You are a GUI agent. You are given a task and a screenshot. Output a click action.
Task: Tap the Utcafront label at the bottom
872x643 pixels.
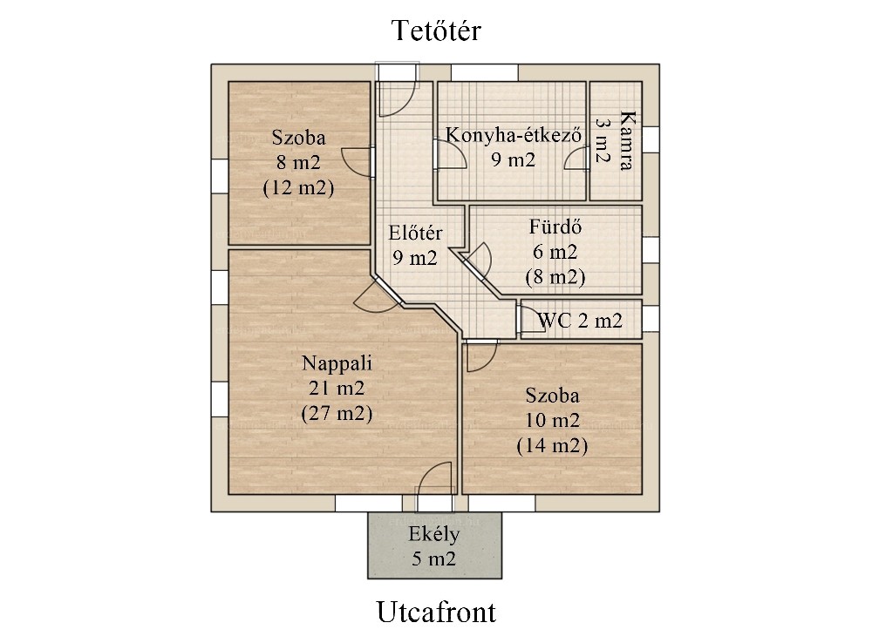(436, 612)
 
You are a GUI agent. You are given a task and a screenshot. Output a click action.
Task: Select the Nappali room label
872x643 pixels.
(337, 363)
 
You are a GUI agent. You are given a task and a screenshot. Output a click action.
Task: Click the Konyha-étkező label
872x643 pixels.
(514, 135)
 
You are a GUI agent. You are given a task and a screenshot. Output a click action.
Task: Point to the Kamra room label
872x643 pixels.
(627, 140)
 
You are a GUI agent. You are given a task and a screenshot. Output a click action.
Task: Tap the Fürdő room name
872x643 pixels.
(555, 227)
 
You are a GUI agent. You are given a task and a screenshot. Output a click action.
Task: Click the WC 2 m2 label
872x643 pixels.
(580, 321)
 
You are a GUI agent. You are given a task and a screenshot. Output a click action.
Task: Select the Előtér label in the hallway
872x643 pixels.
(415, 233)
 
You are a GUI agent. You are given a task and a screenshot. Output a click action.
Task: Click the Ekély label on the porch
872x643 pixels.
(433, 534)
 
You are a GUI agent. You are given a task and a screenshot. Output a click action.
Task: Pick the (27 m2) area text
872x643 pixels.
(337, 414)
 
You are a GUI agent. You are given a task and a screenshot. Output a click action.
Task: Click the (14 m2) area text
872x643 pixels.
(552, 446)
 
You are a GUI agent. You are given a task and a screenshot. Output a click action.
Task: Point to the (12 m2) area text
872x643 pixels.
(298, 187)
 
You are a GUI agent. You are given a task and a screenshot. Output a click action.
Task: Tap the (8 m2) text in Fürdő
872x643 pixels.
(555, 277)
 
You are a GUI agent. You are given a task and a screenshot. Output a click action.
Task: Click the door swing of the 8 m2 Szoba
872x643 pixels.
(357, 162)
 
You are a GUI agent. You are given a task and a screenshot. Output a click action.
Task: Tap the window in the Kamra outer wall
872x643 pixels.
(651, 139)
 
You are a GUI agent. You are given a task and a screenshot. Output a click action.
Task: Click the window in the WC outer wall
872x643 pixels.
(651, 318)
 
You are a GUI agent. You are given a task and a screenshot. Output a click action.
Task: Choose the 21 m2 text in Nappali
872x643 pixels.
(337, 388)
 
